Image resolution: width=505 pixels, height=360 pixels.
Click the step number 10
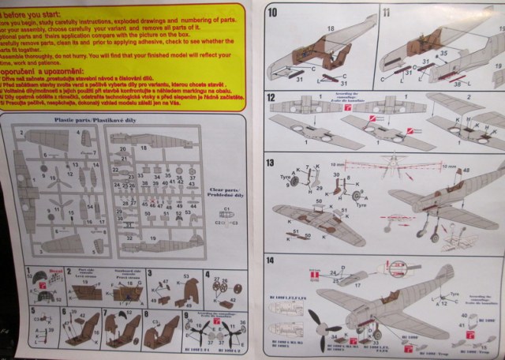click(x=271, y=12)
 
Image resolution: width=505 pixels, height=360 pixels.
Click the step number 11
click(x=385, y=12)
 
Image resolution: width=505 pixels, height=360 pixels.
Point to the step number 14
click(x=271, y=260)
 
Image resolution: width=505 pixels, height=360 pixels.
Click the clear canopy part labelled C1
click(x=226, y=210)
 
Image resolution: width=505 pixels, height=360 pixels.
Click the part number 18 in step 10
click(x=330, y=28)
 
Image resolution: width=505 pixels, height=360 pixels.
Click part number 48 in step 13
click(x=467, y=171)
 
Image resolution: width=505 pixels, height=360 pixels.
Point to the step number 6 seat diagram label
click(x=64, y=313)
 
